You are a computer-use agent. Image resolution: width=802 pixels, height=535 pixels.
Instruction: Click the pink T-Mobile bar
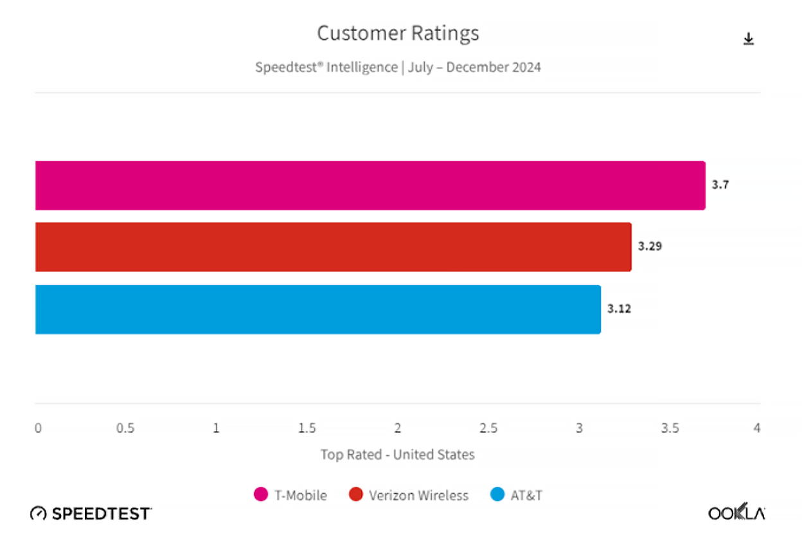(370, 185)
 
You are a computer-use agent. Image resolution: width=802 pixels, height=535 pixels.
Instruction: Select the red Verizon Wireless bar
(333, 247)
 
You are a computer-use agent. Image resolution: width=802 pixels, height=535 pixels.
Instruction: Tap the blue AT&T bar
(317, 309)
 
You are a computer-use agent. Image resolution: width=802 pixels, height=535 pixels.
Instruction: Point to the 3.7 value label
(720, 185)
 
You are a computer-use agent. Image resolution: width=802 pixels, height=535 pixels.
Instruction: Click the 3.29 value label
(649, 246)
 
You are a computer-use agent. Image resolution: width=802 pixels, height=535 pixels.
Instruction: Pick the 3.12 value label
(619, 309)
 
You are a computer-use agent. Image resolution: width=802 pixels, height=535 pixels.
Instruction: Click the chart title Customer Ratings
(398, 33)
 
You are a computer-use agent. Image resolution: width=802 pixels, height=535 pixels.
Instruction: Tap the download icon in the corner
(748, 40)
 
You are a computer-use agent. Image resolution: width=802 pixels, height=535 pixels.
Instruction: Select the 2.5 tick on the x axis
(488, 428)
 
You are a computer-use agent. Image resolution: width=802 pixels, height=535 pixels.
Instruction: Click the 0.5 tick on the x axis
(125, 428)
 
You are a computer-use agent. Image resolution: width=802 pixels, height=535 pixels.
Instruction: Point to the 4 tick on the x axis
(757, 428)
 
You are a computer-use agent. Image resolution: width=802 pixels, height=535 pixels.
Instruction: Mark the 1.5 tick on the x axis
(307, 428)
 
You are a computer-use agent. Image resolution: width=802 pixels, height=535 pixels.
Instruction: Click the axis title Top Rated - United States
(398, 455)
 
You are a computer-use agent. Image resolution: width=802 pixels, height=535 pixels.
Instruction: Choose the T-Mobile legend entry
(291, 495)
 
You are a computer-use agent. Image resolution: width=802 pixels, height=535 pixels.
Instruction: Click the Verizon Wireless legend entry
(409, 495)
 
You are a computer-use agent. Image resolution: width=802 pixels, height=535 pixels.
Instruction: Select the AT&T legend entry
(517, 495)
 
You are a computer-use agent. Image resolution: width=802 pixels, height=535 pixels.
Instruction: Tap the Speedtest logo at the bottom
(91, 513)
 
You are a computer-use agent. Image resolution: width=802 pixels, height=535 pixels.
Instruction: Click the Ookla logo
(736, 512)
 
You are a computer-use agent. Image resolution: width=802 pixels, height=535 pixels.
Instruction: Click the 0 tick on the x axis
(39, 428)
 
